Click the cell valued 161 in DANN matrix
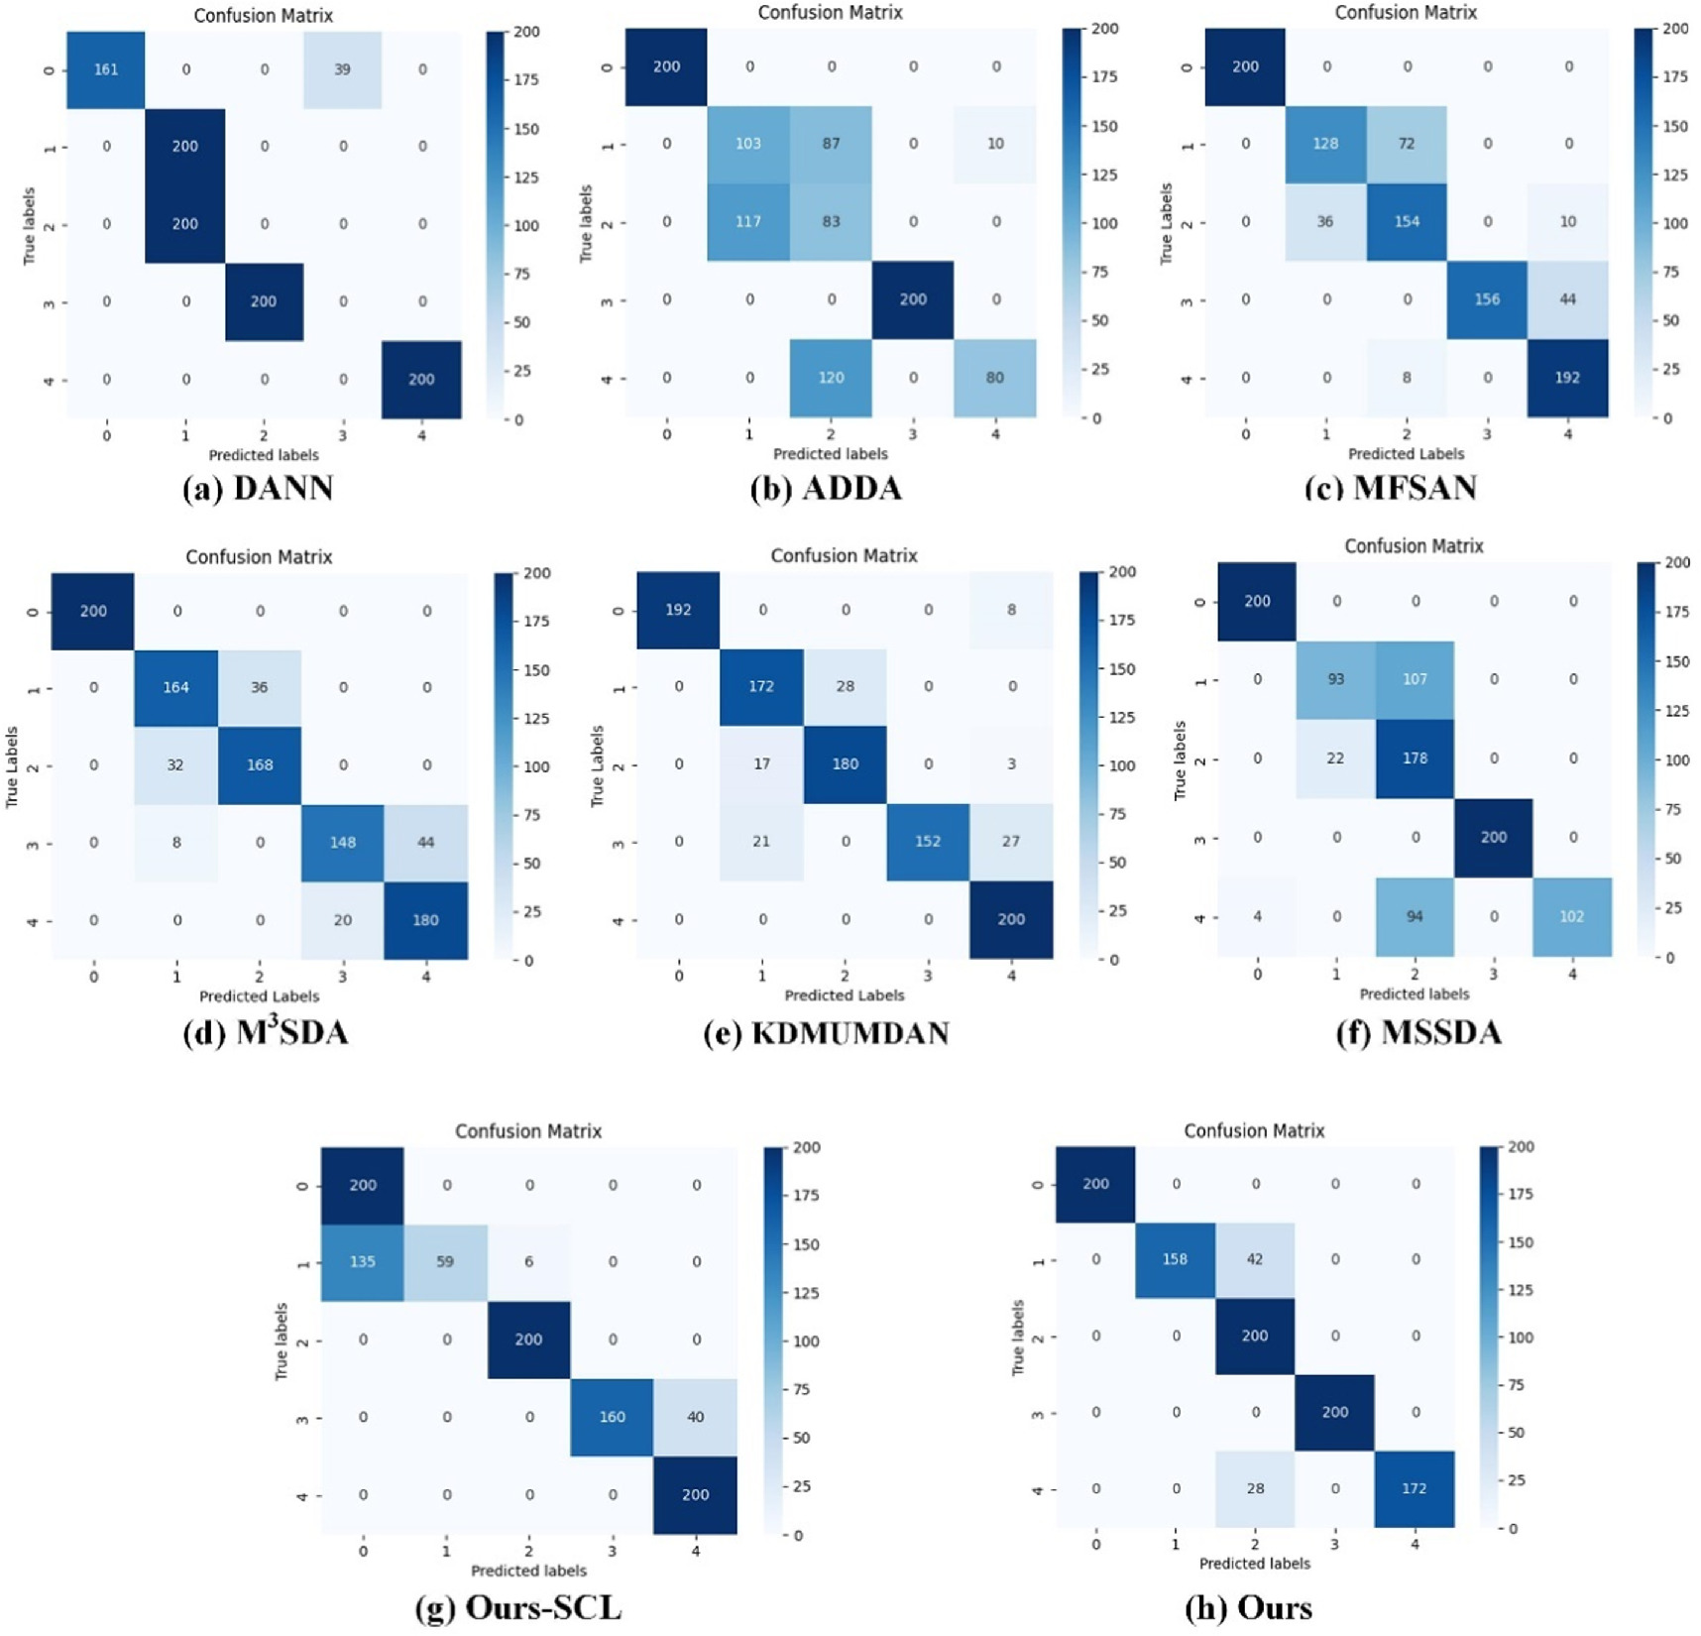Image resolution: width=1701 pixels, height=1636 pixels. (x=106, y=69)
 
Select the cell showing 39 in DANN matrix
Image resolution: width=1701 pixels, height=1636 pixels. (x=342, y=69)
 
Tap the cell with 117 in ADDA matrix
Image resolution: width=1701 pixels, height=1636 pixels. (x=748, y=221)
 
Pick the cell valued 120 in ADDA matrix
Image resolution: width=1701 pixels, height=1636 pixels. (x=831, y=378)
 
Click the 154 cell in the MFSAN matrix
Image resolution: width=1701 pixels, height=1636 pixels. (x=1406, y=221)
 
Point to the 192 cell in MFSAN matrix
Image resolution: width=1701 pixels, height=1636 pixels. (x=1567, y=378)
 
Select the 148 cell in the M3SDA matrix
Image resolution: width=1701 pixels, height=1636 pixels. (x=342, y=842)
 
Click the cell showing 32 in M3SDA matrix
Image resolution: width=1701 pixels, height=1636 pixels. (x=175, y=764)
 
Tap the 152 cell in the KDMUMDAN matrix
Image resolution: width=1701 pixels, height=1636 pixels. (x=928, y=841)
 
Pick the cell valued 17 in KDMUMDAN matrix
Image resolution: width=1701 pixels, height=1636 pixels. (x=761, y=763)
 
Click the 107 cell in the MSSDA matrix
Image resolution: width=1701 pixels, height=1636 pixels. (x=1415, y=679)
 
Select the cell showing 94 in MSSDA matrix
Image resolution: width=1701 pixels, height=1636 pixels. (x=1415, y=916)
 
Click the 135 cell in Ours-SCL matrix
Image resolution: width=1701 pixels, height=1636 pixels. (x=363, y=1262)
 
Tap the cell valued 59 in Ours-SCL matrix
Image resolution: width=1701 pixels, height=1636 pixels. (x=446, y=1262)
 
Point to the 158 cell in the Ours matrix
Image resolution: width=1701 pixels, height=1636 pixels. (x=1175, y=1259)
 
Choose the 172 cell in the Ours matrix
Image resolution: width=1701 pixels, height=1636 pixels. (x=1415, y=1488)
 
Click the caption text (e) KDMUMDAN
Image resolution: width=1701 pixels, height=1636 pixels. (x=826, y=1033)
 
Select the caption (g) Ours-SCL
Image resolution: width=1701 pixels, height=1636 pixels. (x=518, y=1607)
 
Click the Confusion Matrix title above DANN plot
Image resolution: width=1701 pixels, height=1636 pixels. (x=263, y=15)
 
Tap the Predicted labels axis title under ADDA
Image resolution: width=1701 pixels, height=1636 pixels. (x=830, y=454)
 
